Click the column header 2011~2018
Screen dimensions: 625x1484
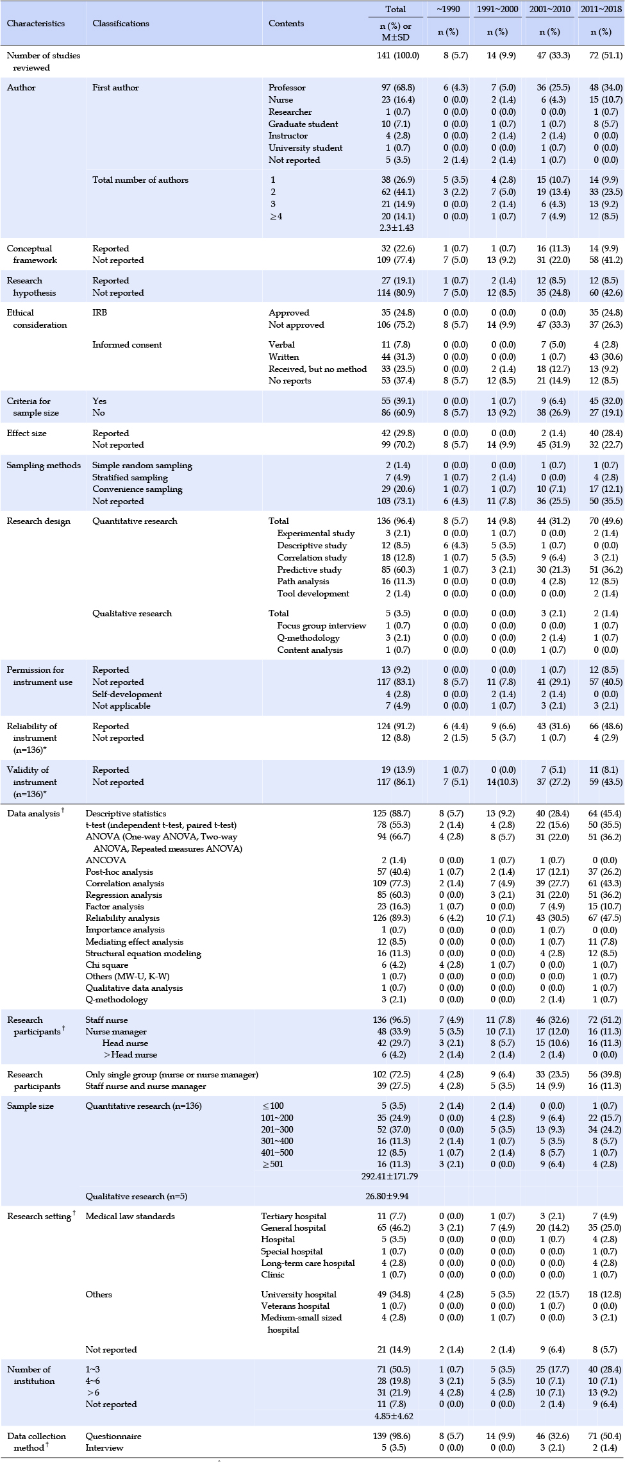601,9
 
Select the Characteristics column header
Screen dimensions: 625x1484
36,23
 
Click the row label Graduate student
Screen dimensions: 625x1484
303,124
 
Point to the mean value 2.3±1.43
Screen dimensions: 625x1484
397,228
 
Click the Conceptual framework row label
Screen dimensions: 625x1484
32,255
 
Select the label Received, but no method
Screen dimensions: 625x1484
318,369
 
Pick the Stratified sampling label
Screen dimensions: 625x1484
130,477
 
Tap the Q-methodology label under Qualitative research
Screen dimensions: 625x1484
308,638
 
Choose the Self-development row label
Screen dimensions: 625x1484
127,695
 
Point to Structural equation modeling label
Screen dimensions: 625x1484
144,954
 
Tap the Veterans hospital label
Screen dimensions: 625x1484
296,1306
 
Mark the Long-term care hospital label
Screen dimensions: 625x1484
308,1263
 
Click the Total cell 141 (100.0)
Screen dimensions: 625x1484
398,56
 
